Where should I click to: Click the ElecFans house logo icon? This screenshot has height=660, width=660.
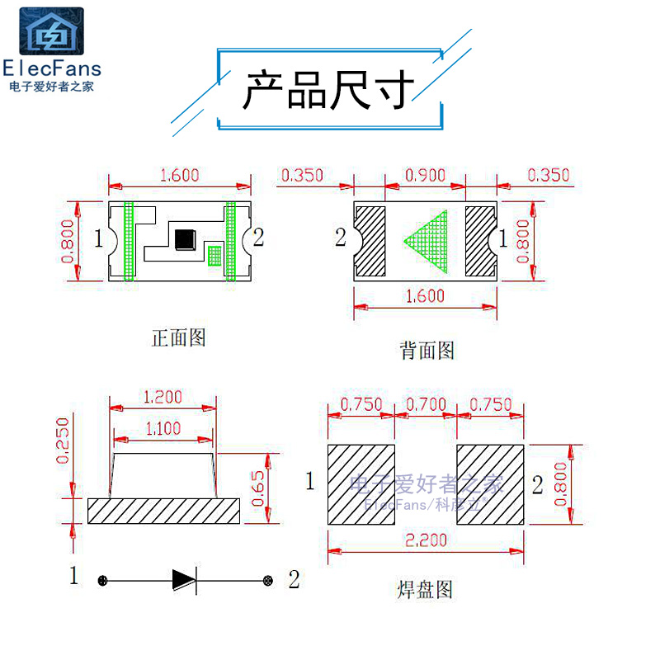[x=52, y=32]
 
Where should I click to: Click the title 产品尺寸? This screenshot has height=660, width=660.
[x=328, y=89]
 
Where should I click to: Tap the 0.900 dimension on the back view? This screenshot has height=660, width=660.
[x=425, y=175]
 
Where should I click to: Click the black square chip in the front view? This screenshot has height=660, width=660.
[x=184, y=238]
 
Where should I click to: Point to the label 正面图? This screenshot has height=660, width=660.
[x=178, y=337]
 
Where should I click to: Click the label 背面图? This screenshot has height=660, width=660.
[x=427, y=351]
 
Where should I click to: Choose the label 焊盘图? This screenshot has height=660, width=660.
[x=425, y=589]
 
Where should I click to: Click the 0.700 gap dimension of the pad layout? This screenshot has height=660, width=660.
[x=426, y=404]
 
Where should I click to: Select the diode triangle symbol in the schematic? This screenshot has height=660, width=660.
[x=183, y=580]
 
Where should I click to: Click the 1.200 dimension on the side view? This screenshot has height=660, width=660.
[x=163, y=397]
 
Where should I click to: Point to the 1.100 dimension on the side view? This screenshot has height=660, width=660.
[x=163, y=429]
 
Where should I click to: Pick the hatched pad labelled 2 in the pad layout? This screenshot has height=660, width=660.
[x=490, y=484]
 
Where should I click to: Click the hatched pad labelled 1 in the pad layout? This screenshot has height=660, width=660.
[x=361, y=484]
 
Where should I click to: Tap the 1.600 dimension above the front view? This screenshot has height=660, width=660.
[x=179, y=175]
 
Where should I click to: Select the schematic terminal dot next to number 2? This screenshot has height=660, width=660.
[x=267, y=580]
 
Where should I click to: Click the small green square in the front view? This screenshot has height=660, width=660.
[x=214, y=255]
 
